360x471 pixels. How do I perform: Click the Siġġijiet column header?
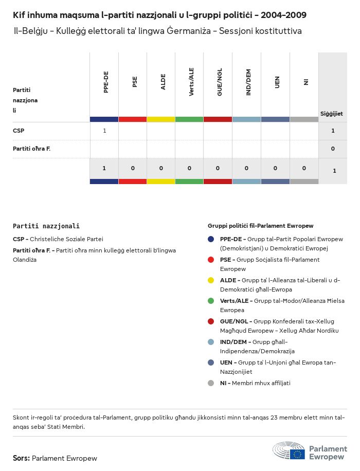pyautogui.click(x=332, y=114)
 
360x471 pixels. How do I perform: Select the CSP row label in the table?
pyautogui.click(x=19, y=131)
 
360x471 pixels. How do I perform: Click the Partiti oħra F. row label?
pyautogui.click(x=31, y=149)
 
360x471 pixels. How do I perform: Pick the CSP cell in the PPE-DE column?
pyautogui.click(x=104, y=131)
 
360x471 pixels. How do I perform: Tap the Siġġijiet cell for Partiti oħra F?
pyautogui.click(x=333, y=149)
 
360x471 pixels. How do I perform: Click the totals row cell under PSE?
pyautogui.click(x=133, y=168)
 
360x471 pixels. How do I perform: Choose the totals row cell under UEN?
pyautogui.click(x=275, y=168)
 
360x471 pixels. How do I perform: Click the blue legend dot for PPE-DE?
pyautogui.click(x=211, y=239)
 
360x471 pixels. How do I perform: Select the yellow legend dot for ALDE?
pyautogui.click(x=211, y=280)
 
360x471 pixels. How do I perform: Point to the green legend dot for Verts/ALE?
pyautogui.click(x=211, y=301)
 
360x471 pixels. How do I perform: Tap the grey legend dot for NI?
pyautogui.click(x=211, y=383)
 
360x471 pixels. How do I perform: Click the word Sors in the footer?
pyautogui.click(x=21, y=458)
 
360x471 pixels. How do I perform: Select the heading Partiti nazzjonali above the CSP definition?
pyautogui.click(x=46, y=226)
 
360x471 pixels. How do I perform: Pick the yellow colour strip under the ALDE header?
pyautogui.click(x=161, y=119)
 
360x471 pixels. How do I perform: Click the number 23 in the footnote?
pyautogui.click(x=271, y=418)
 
